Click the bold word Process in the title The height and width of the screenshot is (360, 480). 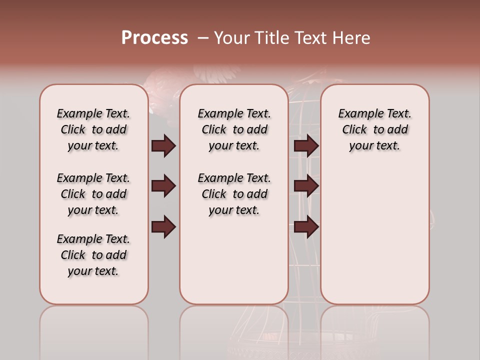154,38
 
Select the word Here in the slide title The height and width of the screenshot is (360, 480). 352,38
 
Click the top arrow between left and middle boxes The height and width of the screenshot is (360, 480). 163,146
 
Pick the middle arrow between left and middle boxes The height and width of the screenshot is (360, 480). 163,186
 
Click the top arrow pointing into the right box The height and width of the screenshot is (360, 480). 306,146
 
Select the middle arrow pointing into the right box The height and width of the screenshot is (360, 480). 306,186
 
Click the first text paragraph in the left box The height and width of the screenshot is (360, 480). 93,129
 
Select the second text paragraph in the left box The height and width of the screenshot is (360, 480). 93,194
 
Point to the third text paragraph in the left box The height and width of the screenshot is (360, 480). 93,255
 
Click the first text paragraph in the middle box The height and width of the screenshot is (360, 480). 234,129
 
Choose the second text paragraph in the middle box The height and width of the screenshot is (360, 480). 234,194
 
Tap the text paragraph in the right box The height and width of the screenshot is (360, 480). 375,129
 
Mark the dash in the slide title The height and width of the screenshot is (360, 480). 202,38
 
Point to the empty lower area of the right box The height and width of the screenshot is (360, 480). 375,235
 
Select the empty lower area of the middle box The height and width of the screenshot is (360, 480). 234,260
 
